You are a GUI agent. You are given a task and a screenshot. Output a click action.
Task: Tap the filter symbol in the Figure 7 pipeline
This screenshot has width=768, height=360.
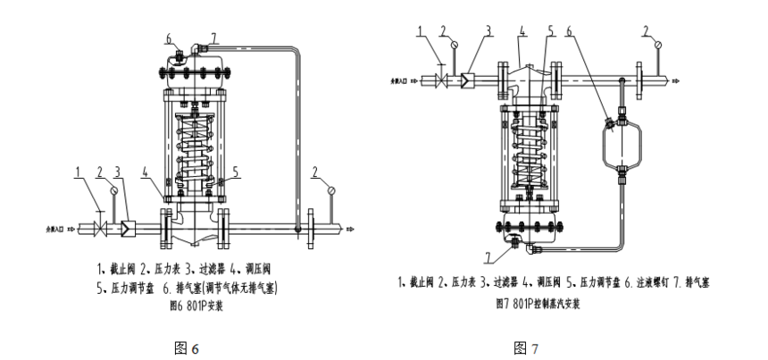click(x=466, y=80)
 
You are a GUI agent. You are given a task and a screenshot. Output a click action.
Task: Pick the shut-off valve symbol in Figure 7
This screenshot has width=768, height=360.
click(x=441, y=80)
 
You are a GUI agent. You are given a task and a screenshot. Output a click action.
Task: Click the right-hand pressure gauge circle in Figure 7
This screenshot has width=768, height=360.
click(x=658, y=40)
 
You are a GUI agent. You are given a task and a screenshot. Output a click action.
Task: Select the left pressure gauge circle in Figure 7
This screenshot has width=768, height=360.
click(x=455, y=40)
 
